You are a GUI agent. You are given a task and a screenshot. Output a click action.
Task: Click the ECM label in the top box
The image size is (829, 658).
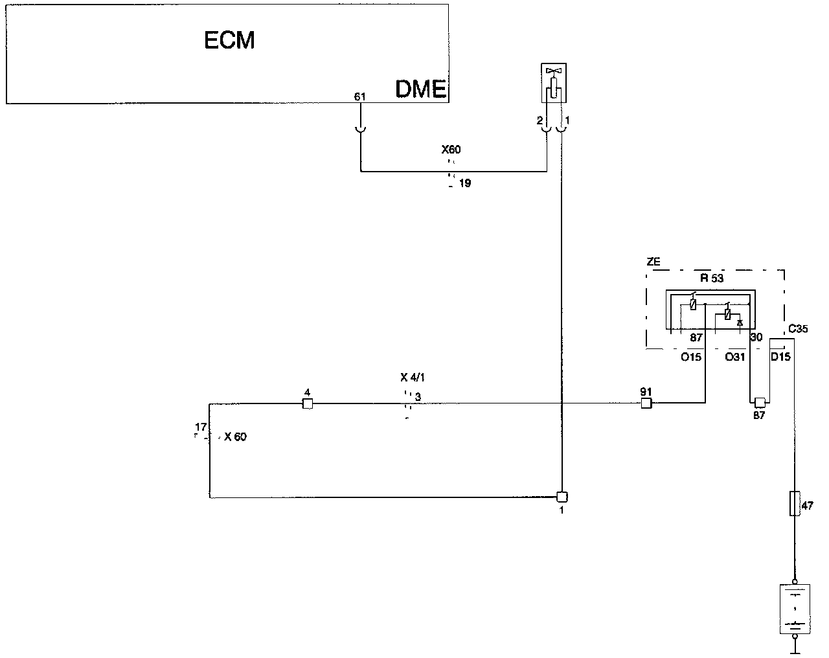[x=229, y=41]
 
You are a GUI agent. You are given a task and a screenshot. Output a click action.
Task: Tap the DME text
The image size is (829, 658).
[x=420, y=89]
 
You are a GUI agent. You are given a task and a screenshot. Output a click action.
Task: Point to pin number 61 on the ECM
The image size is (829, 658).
[x=360, y=96]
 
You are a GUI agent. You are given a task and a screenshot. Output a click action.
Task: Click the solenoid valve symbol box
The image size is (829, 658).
[x=554, y=83]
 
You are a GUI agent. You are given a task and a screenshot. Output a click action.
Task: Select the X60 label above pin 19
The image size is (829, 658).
[x=451, y=150]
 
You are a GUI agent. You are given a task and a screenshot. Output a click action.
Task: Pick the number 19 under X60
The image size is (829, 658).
[x=465, y=183]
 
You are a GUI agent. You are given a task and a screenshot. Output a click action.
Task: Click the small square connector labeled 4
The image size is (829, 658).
[x=308, y=404]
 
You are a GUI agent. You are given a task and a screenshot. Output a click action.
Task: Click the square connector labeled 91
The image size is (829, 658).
[x=646, y=403]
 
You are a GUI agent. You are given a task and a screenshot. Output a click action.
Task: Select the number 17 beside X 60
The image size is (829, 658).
[x=201, y=427]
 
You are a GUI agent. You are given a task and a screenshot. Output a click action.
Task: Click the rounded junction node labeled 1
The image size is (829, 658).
[x=562, y=497]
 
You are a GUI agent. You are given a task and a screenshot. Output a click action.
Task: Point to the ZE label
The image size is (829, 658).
[x=653, y=262]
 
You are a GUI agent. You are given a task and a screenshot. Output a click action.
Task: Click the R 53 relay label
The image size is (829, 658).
[x=712, y=278]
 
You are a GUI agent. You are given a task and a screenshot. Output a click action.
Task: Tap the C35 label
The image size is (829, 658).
[x=798, y=329]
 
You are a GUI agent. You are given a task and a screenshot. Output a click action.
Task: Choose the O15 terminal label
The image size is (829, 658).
[x=690, y=357]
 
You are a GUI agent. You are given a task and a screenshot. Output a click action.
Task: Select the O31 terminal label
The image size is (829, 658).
[x=735, y=357]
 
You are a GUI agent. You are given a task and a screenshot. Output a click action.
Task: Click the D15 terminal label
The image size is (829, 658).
[x=780, y=357]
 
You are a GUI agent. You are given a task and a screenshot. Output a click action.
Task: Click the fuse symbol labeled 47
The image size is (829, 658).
[x=794, y=503]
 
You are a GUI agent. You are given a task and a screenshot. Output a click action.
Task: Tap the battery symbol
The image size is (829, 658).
[x=794, y=609]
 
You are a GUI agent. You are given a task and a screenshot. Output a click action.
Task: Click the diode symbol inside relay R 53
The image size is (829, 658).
[x=740, y=322]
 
